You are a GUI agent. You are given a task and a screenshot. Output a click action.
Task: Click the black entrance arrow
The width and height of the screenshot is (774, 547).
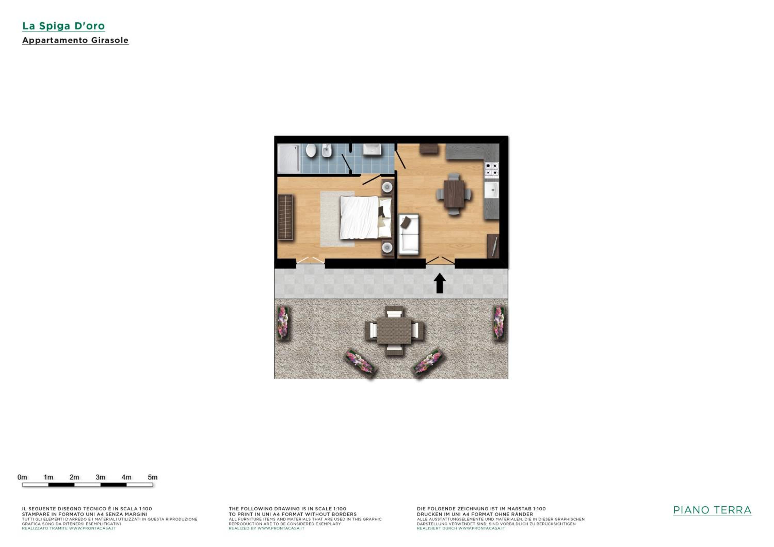tap(440, 283)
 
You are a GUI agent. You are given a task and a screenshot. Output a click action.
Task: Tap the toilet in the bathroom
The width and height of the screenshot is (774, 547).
tap(311, 151)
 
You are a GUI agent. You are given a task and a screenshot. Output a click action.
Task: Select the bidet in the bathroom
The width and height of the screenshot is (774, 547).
tap(326, 151)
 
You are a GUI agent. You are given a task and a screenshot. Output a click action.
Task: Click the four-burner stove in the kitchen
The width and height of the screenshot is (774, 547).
tap(491, 169)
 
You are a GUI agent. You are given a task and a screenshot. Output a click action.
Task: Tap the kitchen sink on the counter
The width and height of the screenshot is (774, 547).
tap(491, 190)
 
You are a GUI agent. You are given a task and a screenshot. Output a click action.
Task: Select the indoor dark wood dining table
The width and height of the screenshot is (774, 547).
tap(454, 194)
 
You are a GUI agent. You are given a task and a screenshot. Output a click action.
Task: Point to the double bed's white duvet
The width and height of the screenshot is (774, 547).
tap(359, 218)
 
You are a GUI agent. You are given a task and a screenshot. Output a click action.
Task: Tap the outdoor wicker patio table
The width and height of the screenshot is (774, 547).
tap(394, 330)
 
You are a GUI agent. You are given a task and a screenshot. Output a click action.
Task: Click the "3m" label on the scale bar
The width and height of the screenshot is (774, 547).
tap(100, 477)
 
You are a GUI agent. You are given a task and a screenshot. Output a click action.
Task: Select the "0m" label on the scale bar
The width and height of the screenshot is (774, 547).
tap(22, 477)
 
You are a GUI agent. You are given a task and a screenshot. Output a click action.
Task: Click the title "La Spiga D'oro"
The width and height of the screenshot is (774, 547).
tap(63, 26)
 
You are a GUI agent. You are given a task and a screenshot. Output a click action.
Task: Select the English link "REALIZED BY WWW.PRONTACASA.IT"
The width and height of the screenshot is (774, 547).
tap(266, 528)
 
